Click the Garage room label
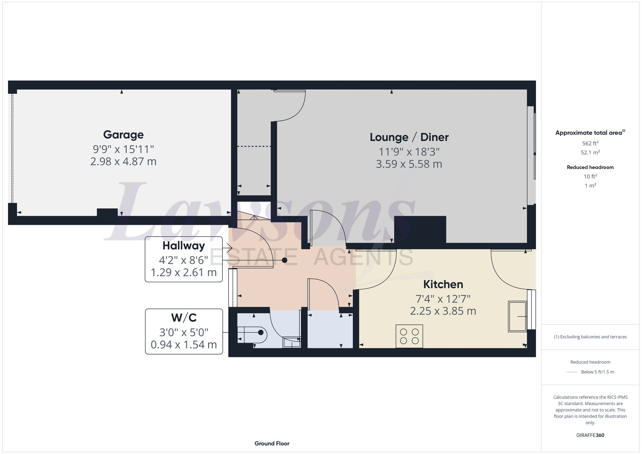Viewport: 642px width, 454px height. pos(123,135)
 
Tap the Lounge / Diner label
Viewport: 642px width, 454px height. pos(409,137)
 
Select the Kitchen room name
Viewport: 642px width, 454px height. pos(443,284)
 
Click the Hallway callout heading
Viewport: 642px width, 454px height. pos(184,246)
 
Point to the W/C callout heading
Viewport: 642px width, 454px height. pos(184,318)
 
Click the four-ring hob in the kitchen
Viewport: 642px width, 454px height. pos(409,336)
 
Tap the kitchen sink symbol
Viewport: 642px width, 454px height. pos(517,316)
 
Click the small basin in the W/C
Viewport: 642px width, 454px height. pos(291,342)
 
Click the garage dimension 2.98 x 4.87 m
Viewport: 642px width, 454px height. pos(123,161)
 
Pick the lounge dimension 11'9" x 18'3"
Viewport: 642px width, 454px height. pos(409,151)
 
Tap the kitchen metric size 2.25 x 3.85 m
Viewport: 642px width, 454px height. pos(443,311)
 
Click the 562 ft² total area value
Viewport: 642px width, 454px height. pos(590,143)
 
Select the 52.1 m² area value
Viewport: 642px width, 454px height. pos(590,152)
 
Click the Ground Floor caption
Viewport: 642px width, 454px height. pos(272,443)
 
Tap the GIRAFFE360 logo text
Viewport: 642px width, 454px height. pos(590,435)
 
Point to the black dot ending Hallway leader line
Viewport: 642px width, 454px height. pos(284,260)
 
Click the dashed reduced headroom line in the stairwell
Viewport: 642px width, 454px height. pos(254,146)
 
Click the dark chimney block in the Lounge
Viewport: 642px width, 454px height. pos(420,229)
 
